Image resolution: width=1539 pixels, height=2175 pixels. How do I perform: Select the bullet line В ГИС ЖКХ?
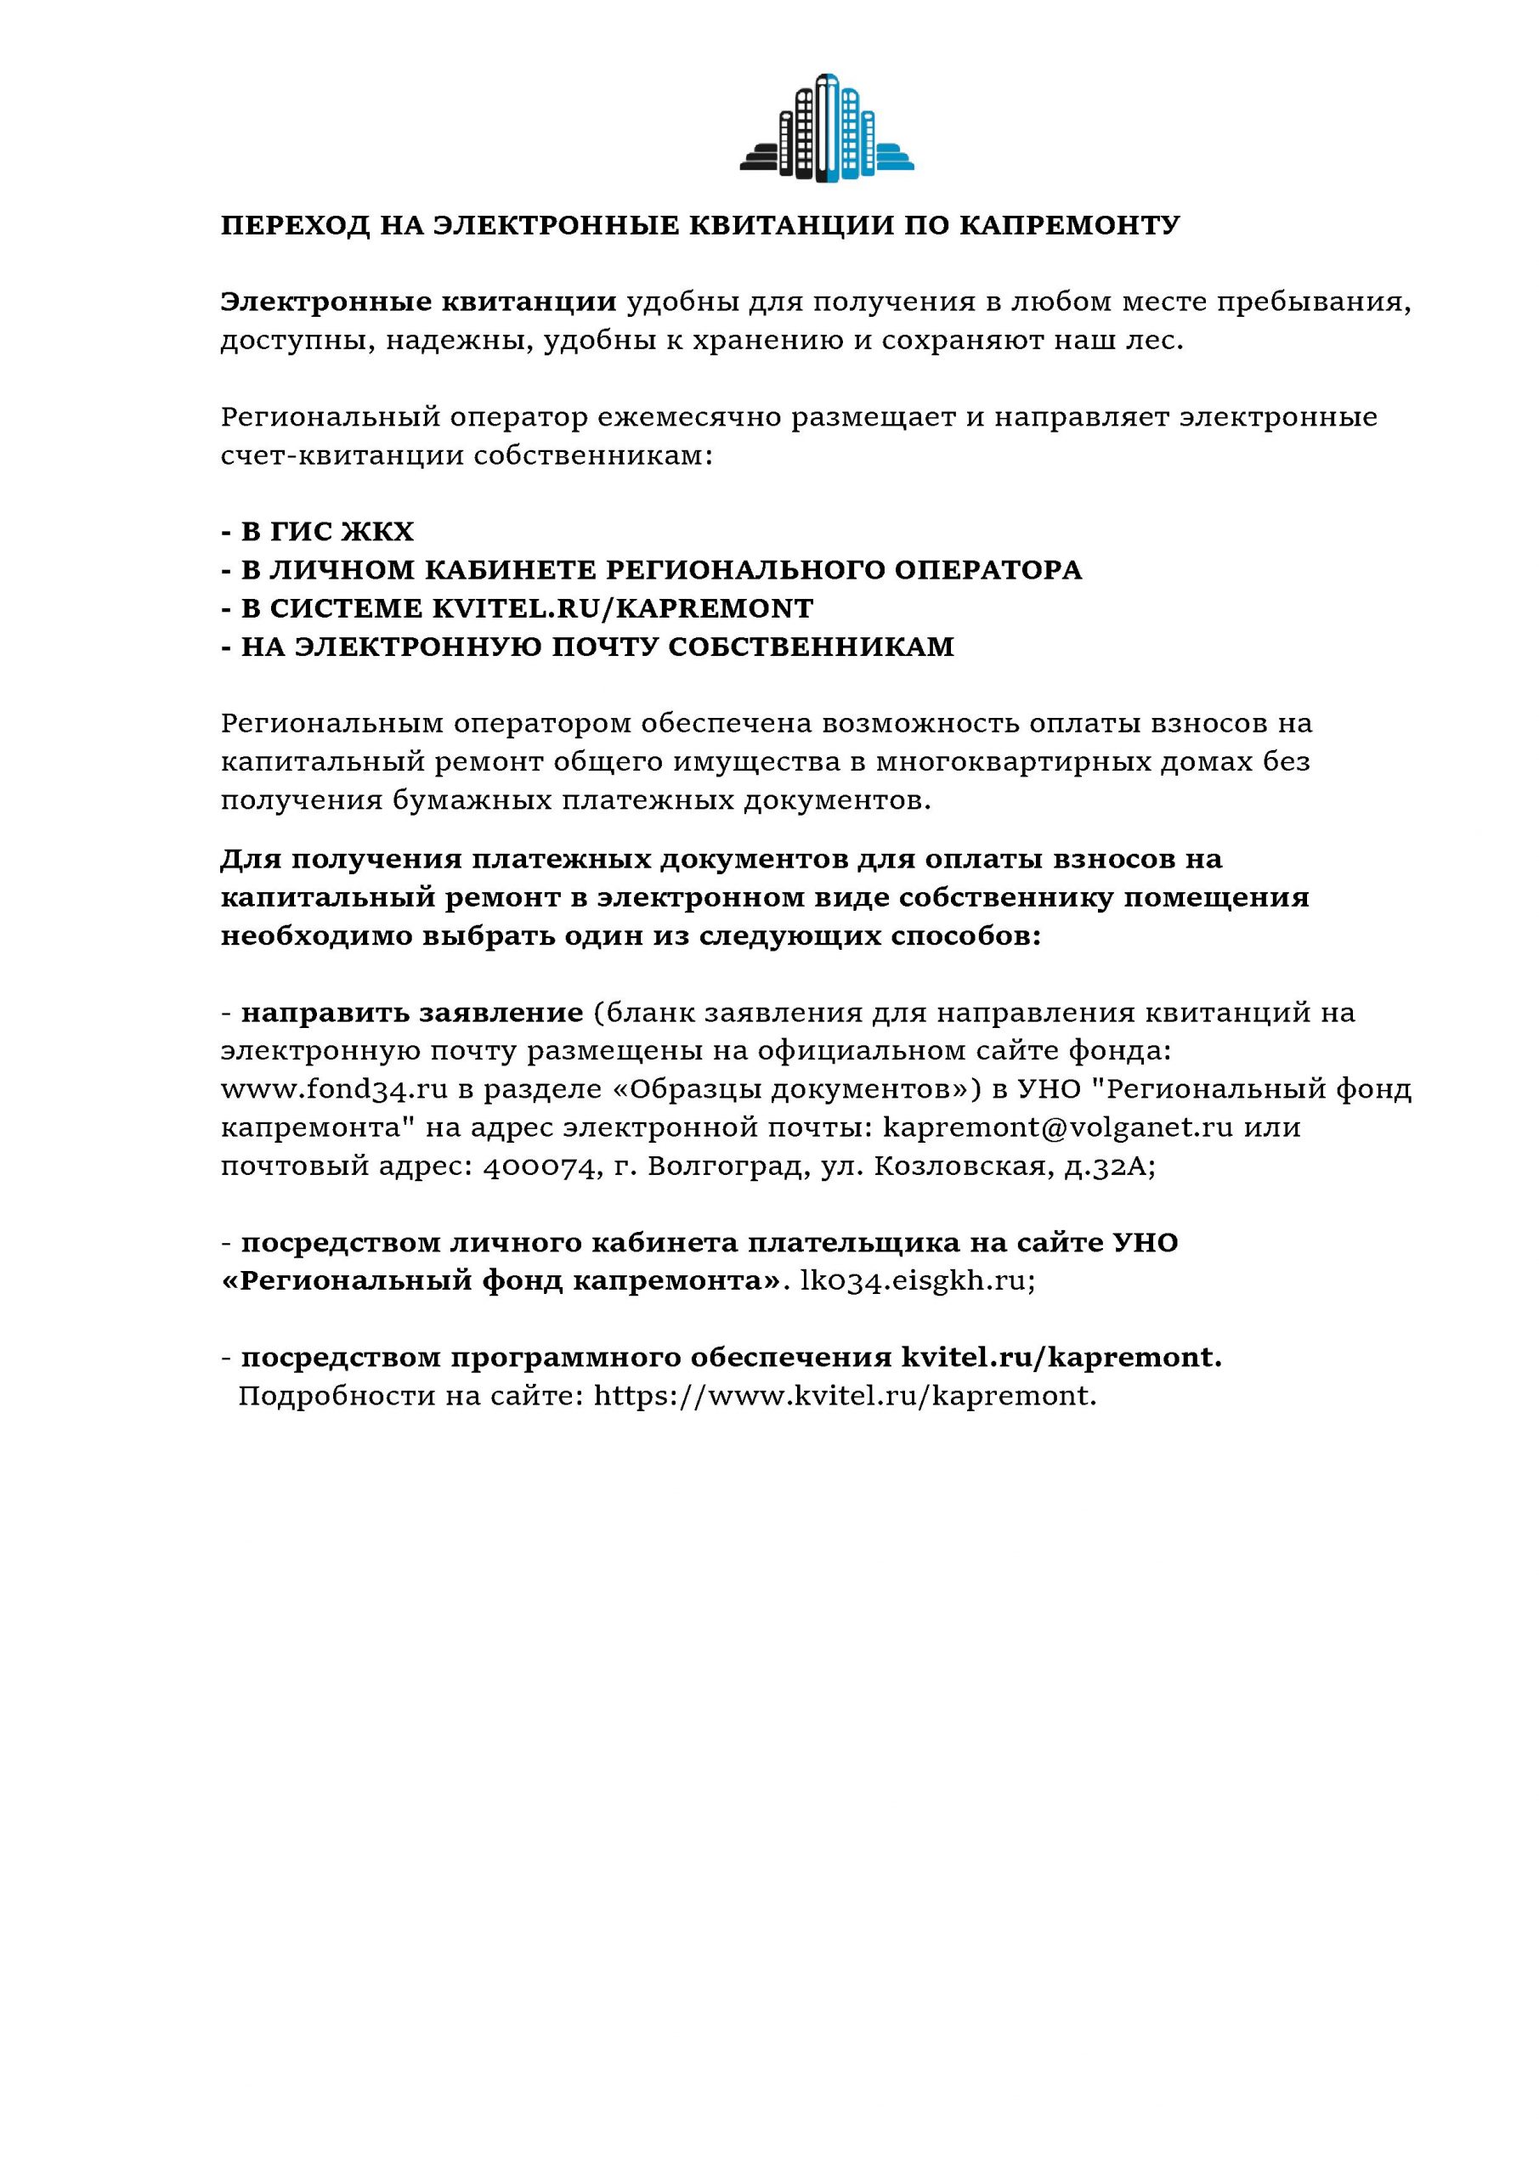click(318, 532)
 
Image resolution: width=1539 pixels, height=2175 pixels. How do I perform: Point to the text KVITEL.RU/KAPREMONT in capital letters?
click(623, 608)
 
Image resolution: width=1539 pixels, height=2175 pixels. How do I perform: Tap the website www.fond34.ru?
click(334, 1089)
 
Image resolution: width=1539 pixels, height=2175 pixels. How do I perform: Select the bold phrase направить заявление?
click(411, 1013)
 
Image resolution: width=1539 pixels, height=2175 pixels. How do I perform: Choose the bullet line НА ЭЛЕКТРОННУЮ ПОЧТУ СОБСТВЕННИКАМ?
click(587, 647)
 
